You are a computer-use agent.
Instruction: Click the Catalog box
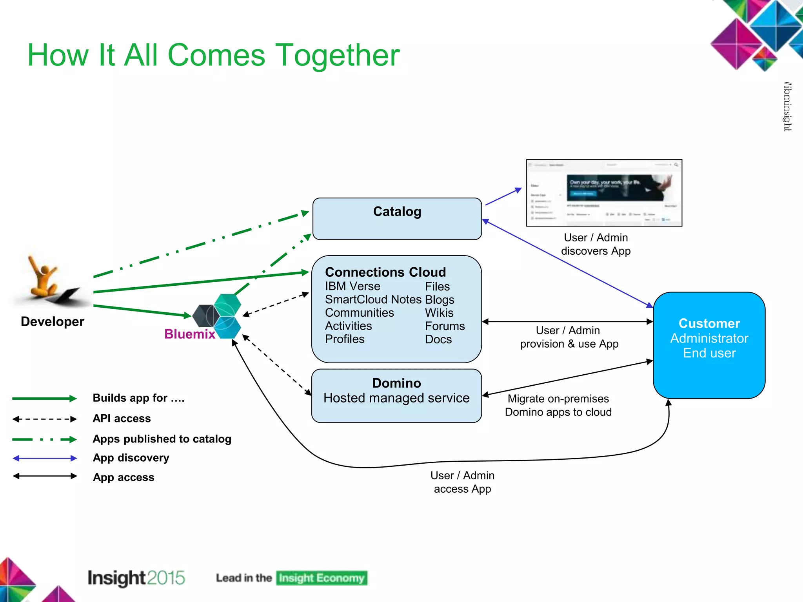click(x=397, y=219)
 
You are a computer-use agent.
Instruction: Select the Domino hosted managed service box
click(x=396, y=395)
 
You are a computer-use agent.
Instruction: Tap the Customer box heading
click(x=709, y=323)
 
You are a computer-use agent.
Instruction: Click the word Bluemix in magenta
click(x=189, y=334)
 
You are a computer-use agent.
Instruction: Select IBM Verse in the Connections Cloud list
click(x=352, y=286)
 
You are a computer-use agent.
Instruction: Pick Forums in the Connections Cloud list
click(x=445, y=326)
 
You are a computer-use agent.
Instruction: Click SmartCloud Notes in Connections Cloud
click(x=373, y=299)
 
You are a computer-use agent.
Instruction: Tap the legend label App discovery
click(x=131, y=458)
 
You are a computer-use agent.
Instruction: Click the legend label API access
click(x=122, y=419)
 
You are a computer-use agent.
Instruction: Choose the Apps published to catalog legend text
click(x=162, y=439)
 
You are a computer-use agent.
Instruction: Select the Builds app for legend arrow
click(x=44, y=399)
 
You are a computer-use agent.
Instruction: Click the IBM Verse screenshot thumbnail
click(x=604, y=193)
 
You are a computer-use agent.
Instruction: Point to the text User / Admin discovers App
click(x=596, y=244)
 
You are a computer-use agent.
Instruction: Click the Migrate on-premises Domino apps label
click(x=558, y=405)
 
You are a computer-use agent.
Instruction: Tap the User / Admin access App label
click(x=462, y=482)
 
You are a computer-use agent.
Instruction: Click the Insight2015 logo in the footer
click(x=136, y=578)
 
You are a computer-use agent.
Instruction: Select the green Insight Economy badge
click(x=322, y=578)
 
